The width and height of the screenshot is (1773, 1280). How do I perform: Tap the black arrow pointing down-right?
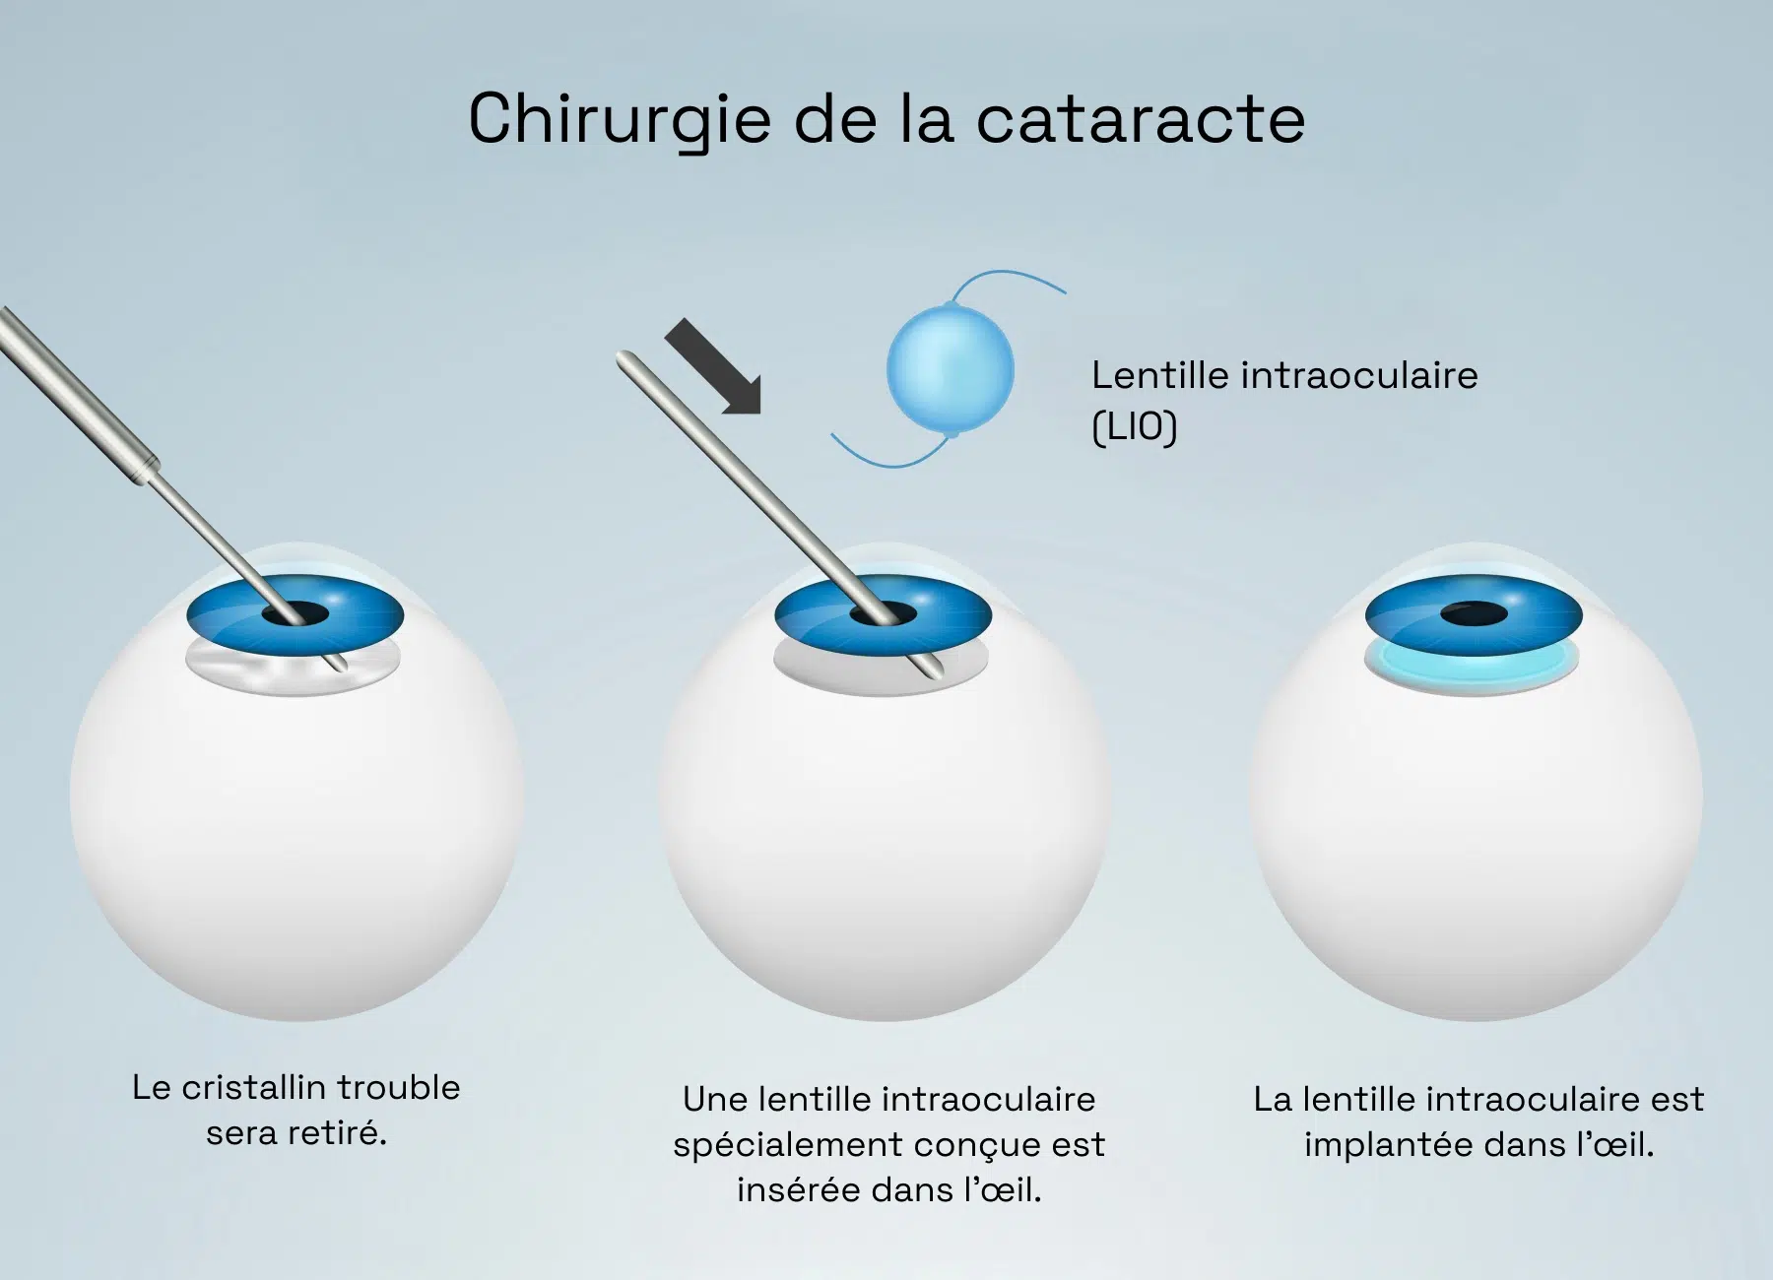713,366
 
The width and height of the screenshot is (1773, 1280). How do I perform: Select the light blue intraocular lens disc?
951,370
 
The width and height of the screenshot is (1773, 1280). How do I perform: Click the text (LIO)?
1134,427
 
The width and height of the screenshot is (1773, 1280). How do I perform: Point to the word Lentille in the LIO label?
1159,375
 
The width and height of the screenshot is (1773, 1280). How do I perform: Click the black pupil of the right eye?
1474,614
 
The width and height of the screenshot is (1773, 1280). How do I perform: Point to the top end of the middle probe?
623,358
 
